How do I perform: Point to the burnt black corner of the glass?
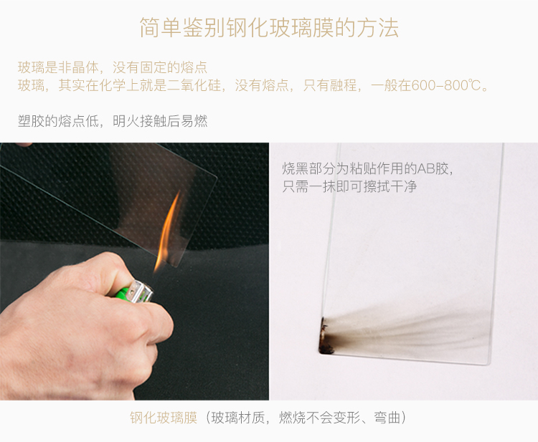[326, 337]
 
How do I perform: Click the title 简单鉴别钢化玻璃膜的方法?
[269, 28]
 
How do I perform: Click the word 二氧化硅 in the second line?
[194, 85]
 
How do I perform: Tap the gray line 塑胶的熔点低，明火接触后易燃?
[113, 121]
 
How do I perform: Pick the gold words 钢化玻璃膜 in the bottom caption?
[164, 418]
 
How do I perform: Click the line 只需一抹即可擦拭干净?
[349, 187]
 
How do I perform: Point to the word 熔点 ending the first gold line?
[194, 67]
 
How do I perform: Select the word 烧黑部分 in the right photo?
[308, 168]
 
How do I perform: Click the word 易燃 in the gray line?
[194, 121]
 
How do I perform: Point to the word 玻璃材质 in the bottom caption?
[238, 418]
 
